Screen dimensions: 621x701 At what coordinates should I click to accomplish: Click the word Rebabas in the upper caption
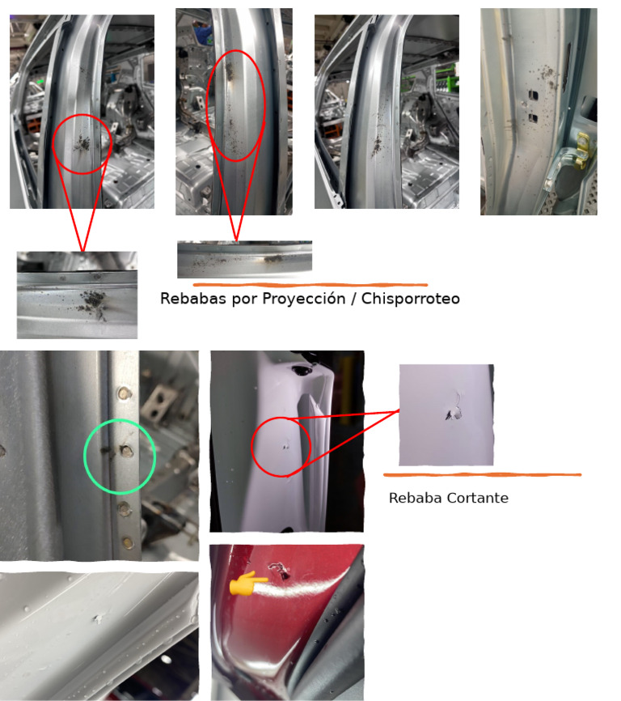point(193,298)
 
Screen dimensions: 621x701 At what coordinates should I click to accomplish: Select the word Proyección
point(303,299)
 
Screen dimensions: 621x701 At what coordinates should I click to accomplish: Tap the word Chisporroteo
point(410,298)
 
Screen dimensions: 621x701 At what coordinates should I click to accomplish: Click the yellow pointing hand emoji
point(248,583)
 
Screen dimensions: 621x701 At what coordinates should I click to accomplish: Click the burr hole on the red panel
point(279,569)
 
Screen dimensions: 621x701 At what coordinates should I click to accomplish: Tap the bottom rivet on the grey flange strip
point(127,542)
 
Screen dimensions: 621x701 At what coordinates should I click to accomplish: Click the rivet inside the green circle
point(126,451)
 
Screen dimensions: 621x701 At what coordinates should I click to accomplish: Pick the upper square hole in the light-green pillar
point(533,96)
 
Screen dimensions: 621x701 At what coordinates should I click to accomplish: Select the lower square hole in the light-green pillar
point(533,118)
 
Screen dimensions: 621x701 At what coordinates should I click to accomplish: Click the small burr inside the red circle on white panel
point(285,446)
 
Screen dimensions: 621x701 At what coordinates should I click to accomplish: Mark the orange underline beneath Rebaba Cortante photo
point(482,474)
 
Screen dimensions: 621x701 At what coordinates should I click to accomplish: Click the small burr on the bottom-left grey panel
point(97,618)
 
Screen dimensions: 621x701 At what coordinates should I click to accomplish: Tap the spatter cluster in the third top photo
point(378,144)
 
